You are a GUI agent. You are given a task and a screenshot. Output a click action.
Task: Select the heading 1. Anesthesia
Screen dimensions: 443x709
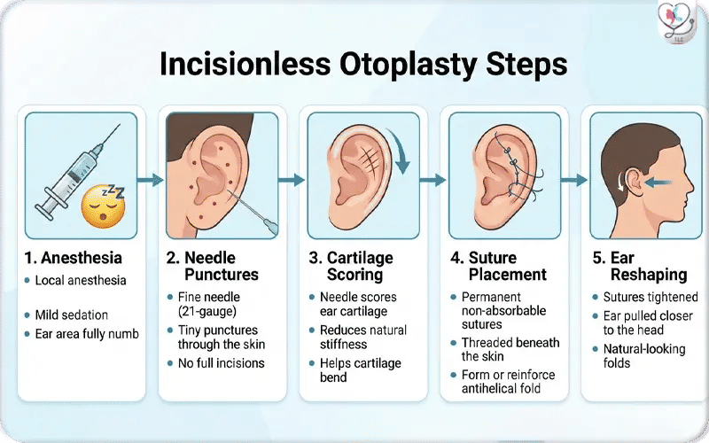pos(74,259)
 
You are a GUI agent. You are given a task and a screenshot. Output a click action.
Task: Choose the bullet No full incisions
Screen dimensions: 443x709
pos(222,363)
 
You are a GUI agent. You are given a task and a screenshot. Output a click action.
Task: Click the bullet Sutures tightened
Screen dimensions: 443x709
pos(651,298)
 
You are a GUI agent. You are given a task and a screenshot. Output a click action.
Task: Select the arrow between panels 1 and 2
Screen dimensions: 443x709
pos(152,180)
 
